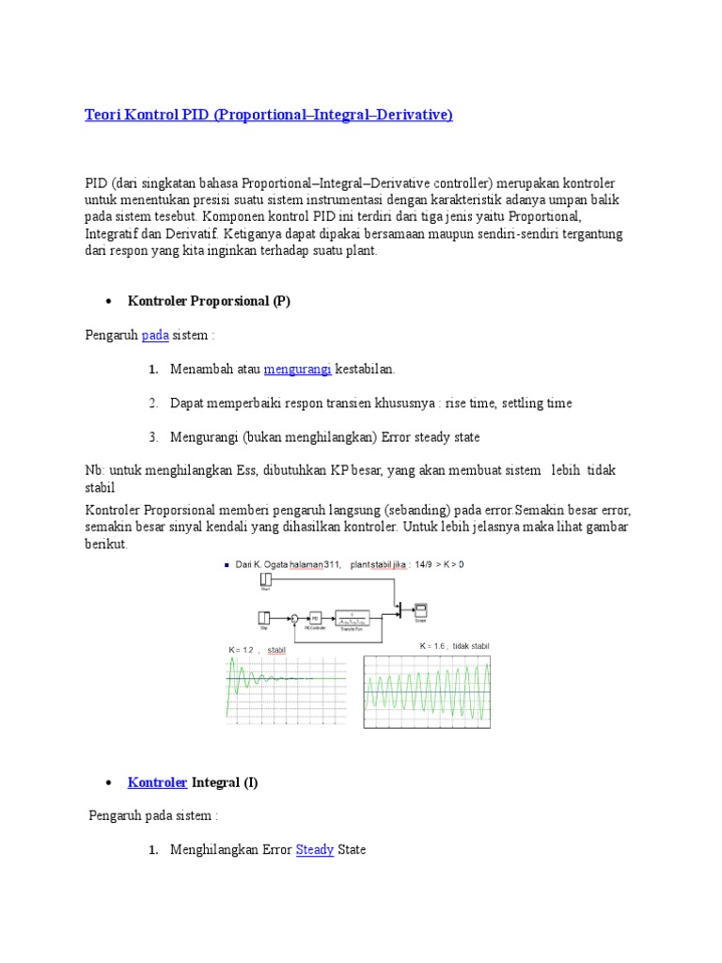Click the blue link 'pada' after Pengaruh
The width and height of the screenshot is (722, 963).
click(x=155, y=335)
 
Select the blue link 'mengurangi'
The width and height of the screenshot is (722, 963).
click(x=297, y=370)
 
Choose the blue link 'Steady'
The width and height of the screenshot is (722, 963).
click(x=315, y=849)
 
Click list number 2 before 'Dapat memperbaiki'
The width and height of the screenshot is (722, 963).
click(x=152, y=403)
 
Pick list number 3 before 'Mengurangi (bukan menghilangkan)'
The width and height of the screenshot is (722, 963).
click(x=152, y=437)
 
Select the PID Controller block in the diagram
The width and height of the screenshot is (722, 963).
click(x=316, y=618)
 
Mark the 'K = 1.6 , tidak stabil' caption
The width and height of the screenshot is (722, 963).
click(x=454, y=646)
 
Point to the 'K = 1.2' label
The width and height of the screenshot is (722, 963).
click(x=242, y=650)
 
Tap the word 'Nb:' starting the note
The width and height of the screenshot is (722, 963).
click(x=95, y=469)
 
